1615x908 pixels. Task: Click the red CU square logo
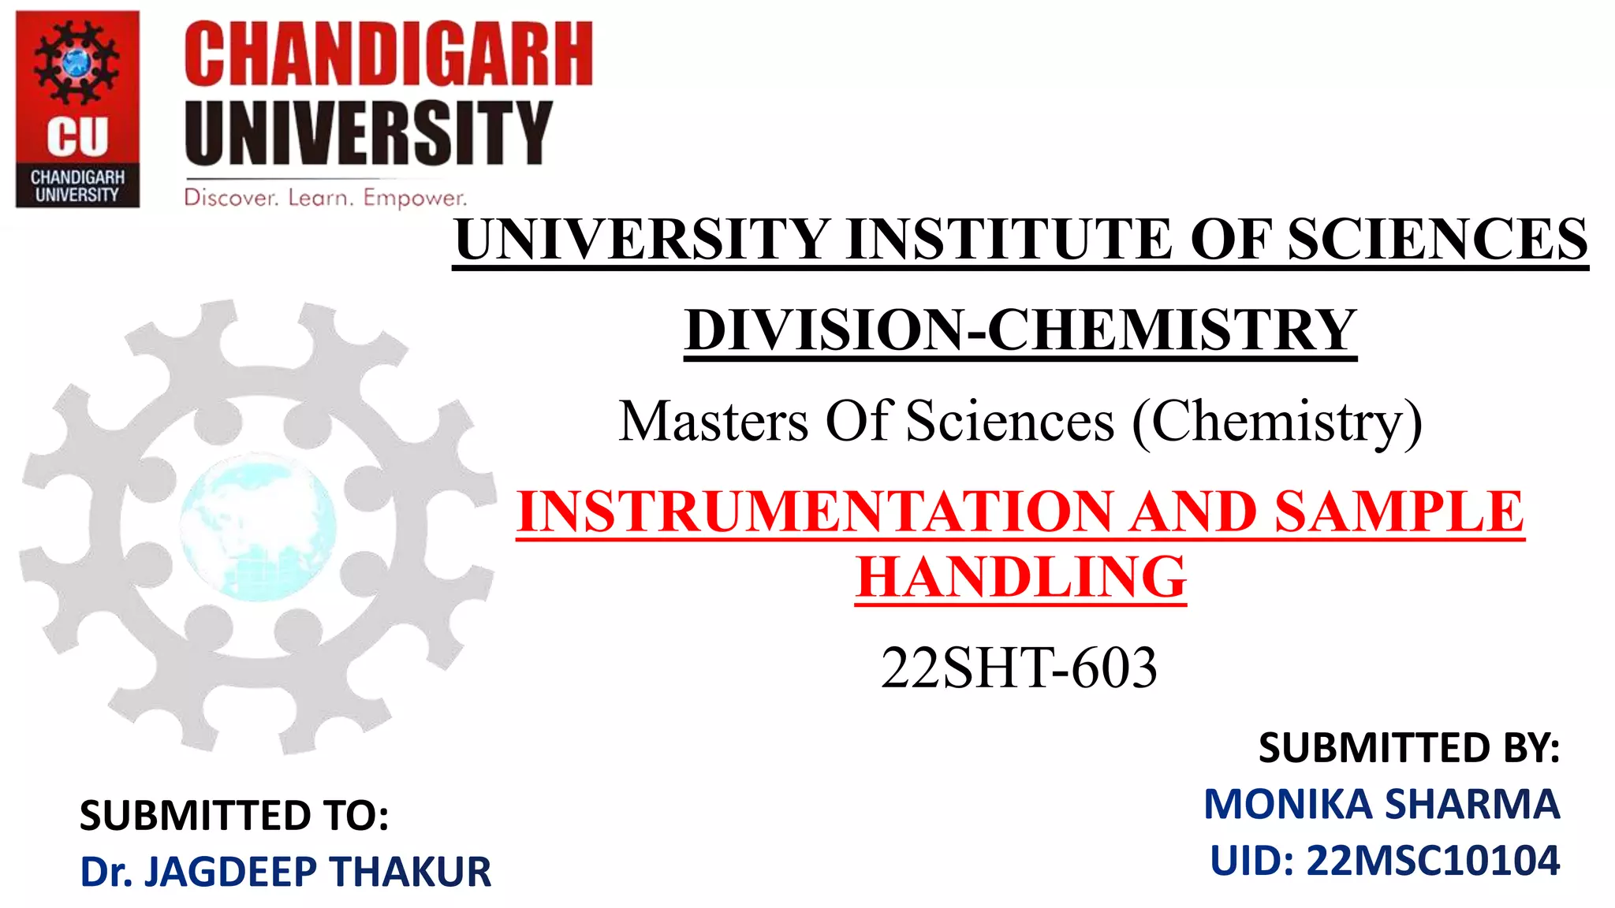(x=77, y=109)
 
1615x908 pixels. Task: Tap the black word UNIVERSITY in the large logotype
(x=367, y=132)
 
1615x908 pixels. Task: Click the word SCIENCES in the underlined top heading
(x=1437, y=240)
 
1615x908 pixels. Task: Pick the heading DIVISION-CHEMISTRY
(x=1020, y=329)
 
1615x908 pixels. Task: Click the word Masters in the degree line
(x=714, y=421)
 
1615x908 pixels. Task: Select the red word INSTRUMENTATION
(x=815, y=512)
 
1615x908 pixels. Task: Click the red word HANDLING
(x=1021, y=578)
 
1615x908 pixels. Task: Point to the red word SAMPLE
(x=1399, y=512)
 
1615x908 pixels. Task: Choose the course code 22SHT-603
(x=1019, y=668)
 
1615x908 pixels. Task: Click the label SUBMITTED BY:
(x=1408, y=747)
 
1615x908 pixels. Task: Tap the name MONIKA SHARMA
(x=1382, y=804)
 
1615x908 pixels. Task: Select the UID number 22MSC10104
(x=1433, y=861)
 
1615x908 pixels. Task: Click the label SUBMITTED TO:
(x=234, y=815)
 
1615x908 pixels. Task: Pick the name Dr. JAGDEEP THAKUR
(x=285, y=872)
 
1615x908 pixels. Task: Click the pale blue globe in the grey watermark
(x=258, y=526)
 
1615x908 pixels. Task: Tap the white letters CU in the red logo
(x=77, y=137)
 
